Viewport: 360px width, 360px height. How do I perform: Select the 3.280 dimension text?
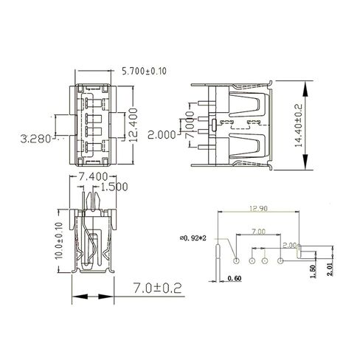pos(35,138)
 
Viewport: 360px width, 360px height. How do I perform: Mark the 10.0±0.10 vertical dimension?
pos(60,242)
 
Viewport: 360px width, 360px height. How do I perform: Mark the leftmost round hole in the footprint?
pos(235,260)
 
